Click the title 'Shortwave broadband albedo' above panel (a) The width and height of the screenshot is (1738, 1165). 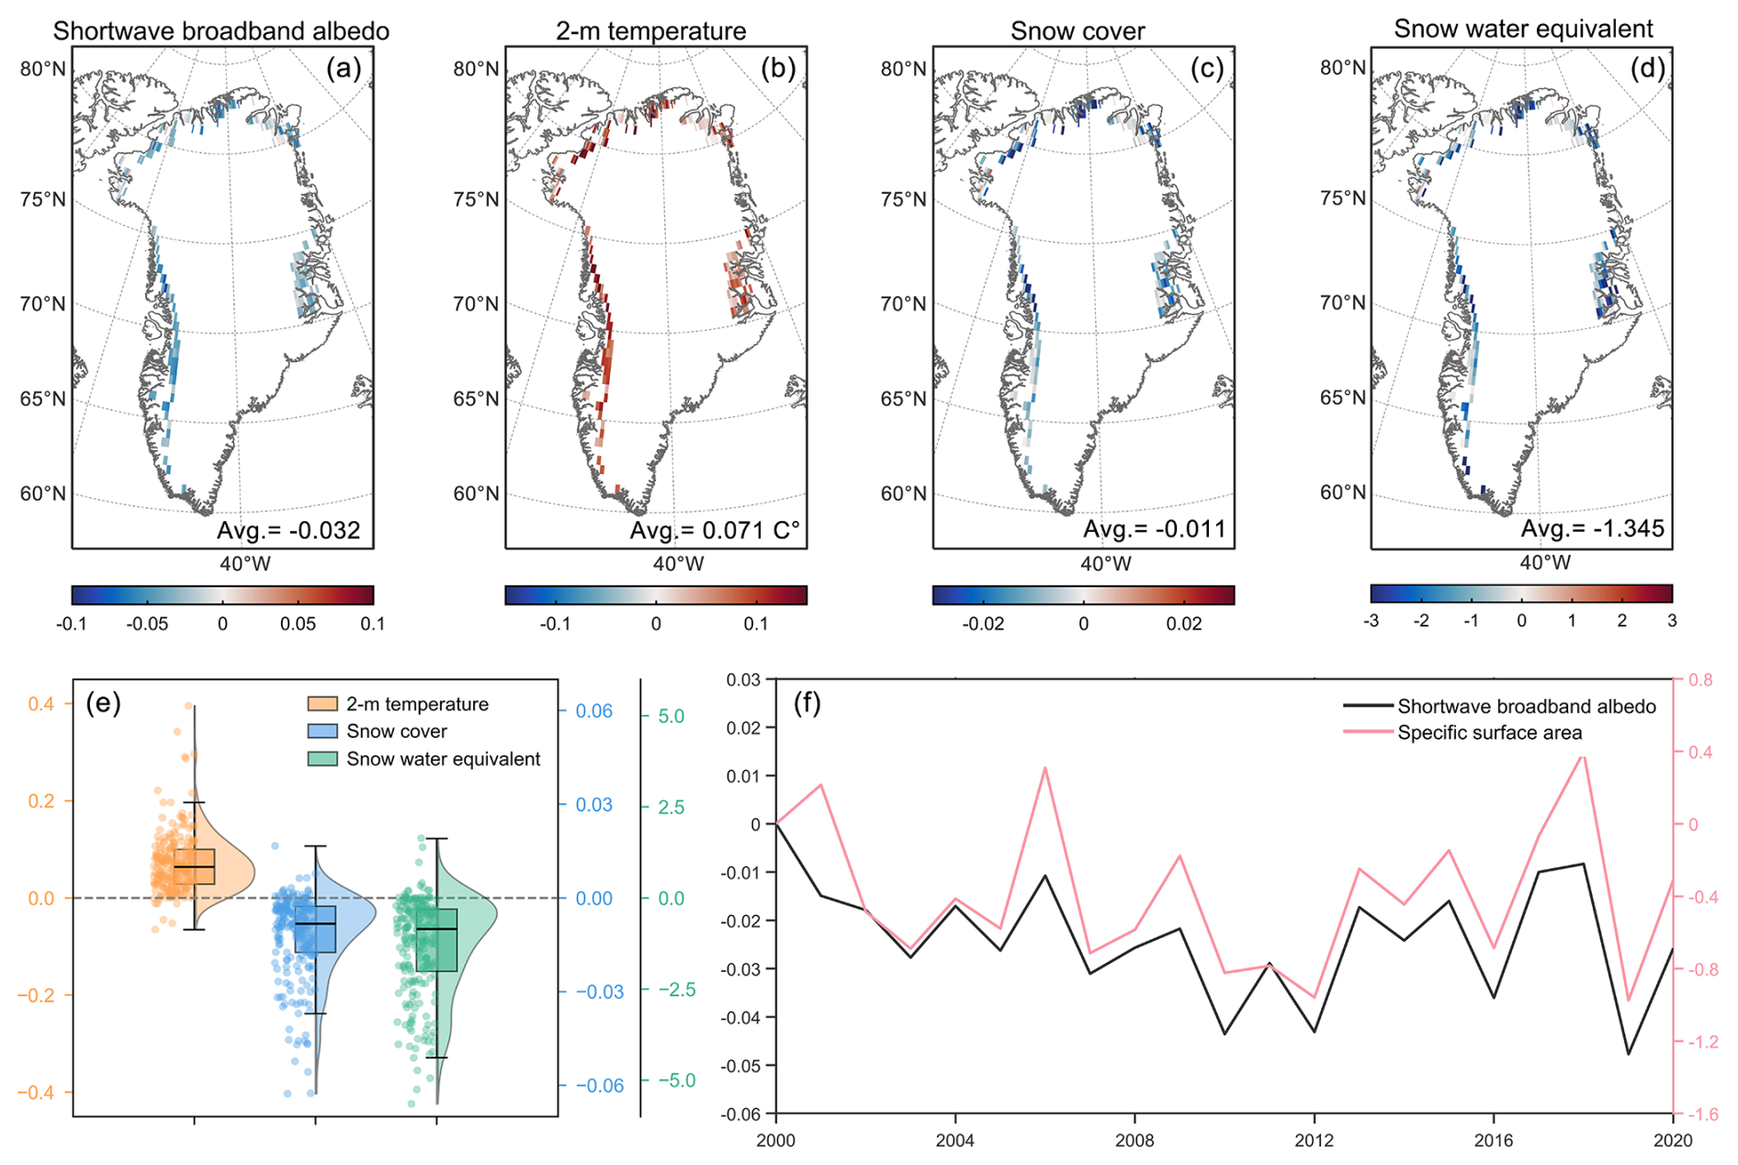click(x=220, y=31)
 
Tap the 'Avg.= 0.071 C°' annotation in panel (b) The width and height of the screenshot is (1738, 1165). click(x=715, y=530)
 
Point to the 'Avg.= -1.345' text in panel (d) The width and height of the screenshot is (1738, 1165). click(x=1592, y=528)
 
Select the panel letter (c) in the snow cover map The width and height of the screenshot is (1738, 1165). click(x=1206, y=69)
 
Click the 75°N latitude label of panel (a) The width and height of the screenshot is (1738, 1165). click(x=43, y=200)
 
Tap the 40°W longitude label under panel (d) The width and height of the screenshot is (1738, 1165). click(x=1545, y=562)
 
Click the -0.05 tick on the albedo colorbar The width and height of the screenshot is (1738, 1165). click(x=147, y=624)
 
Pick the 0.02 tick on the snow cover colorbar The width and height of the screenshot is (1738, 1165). click(x=1184, y=624)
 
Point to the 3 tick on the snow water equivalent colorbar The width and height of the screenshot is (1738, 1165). click(x=1672, y=621)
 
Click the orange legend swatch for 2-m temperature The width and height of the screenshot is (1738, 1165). click(x=322, y=704)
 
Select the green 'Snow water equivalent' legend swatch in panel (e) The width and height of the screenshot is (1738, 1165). click(x=322, y=759)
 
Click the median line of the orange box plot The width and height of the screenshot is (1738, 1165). click(x=194, y=866)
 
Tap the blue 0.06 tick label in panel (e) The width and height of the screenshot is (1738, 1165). click(x=593, y=712)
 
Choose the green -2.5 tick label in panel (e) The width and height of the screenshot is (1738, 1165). click(x=678, y=990)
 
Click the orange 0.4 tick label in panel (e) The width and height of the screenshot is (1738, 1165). click(x=41, y=704)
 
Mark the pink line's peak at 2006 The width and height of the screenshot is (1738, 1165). click(x=1045, y=767)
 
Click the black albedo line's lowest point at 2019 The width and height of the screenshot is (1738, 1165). click(x=1629, y=1054)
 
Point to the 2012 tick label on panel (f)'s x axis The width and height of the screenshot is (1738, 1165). click(x=1314, y=1140)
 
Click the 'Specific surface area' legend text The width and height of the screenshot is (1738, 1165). click(x=1489, y=733)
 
